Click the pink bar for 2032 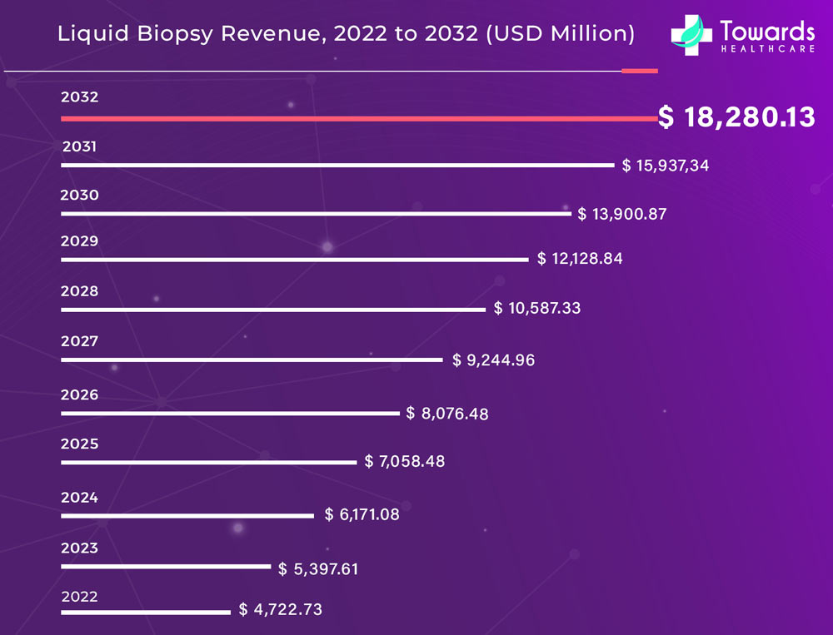coord(358,119)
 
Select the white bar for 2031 coord(337,166)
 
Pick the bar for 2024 coord(187,516)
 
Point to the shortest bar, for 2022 coord(145,613)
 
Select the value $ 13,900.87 coord(622,214)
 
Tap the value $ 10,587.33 coord(537,308)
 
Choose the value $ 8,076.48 coord(447,413)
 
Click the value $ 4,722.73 coord(281,610)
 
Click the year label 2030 coord(80,196)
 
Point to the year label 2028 coord(80,291)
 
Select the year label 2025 coord(80,444)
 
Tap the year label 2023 coord(80,548)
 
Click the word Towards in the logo coord(767,32)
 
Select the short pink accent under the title coord(640,72)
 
